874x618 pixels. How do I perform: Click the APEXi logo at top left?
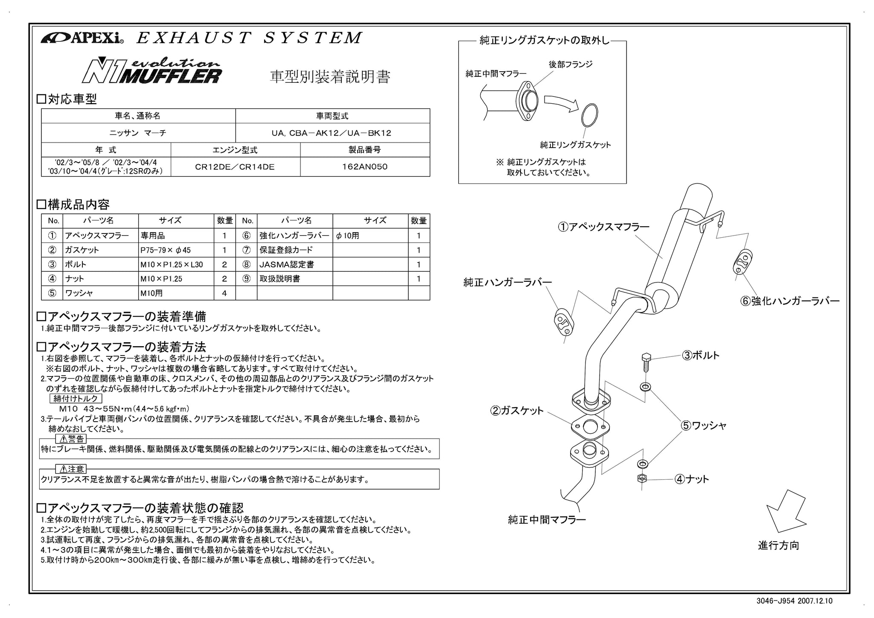point(82,38)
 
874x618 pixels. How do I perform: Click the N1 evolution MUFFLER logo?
point(152,70)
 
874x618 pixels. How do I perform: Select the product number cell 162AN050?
point(365,166)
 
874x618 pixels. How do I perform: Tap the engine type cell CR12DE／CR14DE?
point(235,167)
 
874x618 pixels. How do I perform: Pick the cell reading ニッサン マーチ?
point(138,133)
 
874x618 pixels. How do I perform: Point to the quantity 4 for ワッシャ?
point(224,293)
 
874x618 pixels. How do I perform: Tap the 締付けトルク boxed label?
point(76,399)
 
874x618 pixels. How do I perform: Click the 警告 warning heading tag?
point(71,439)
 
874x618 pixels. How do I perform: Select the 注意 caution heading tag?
point(71,469)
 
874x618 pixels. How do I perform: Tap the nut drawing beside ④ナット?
point(641,478)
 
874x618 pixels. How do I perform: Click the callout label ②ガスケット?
point(517,411)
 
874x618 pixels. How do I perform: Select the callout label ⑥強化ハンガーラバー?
point(790,301)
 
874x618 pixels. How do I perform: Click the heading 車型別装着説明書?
point(330,77)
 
